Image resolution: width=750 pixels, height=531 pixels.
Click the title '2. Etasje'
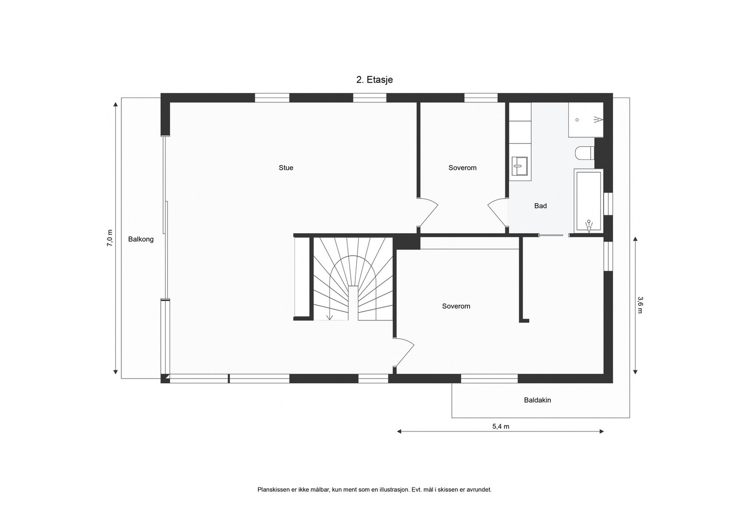point(375,80)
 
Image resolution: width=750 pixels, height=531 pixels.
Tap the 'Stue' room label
point(286,168)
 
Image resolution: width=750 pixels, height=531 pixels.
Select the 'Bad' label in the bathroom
point(540,206)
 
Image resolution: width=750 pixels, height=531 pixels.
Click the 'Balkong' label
point(141,239)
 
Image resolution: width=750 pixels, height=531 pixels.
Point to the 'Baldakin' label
point(537,400)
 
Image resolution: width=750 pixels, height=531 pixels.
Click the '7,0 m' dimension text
point(110,238)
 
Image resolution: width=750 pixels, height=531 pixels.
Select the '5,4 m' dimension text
point(501,426)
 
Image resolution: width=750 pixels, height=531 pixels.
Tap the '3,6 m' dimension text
point(640,304)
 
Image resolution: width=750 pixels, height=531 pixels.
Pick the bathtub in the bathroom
point(588,201)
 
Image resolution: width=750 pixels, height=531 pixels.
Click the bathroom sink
point(519,166)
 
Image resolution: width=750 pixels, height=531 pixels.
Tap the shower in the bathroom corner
point(585,120)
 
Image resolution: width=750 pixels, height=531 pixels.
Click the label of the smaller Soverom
point(462,168)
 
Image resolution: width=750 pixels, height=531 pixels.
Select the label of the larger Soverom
point(456,306)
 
